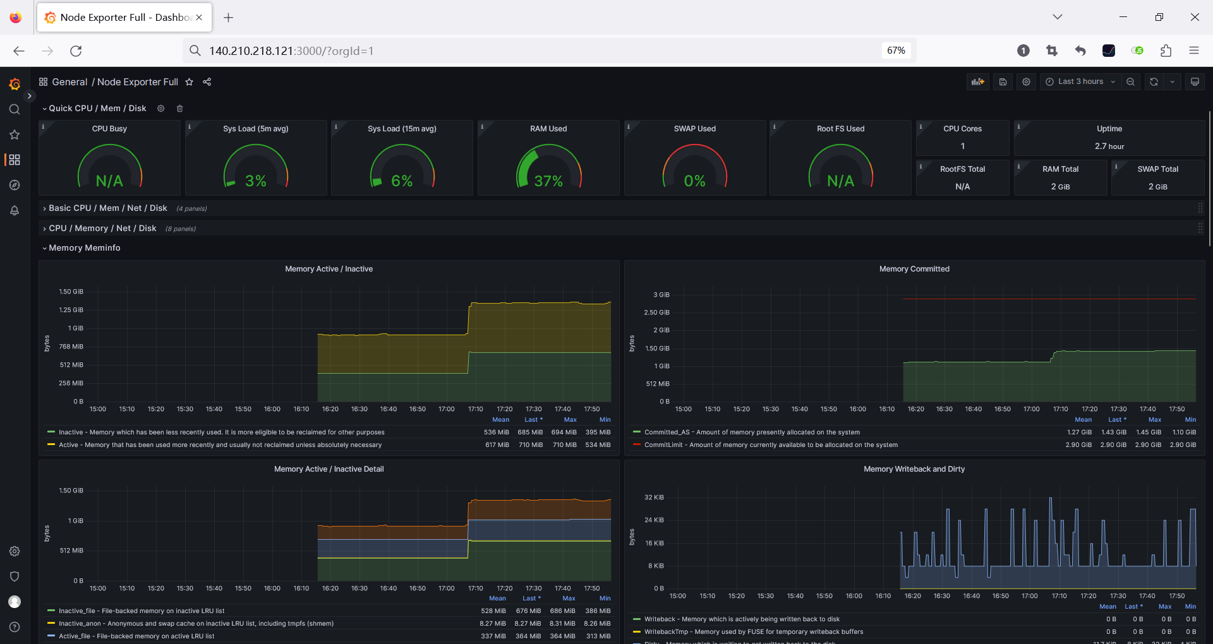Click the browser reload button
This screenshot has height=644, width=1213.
[76, 51]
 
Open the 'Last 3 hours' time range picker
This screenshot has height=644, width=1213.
[1080, 81]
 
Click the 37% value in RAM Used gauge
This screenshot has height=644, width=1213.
[548, 181]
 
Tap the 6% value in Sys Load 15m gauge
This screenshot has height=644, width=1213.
[402, 181]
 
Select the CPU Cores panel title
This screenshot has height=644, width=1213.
[962, 129]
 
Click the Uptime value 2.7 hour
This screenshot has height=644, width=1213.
[1109, 146]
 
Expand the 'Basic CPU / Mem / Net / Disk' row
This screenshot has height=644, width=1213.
[107, 208]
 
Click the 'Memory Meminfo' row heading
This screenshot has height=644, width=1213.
[84, 248]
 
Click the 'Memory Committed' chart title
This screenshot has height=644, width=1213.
[914, 269]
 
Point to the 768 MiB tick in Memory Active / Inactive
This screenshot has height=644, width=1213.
[71, 347]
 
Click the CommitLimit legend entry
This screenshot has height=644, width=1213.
[770, 445]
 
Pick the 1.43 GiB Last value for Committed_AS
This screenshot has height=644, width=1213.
[1113, 432]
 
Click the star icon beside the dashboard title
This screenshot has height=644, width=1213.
[189, 82]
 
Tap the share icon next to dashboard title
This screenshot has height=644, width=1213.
[207, 82]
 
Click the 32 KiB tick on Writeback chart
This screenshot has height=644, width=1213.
[654, 498]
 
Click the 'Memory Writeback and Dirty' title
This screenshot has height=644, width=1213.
[914, 469]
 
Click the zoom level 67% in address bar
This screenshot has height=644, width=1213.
[896, 51]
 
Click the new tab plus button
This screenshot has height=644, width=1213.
[229, 18]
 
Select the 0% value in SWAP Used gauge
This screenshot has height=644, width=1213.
[694, 181]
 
